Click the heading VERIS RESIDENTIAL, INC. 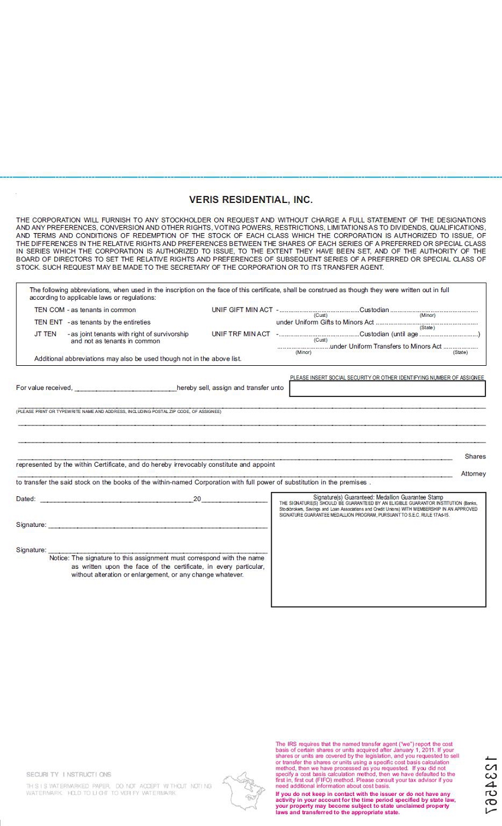coord(250,200)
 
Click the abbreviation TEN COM coord(49,310)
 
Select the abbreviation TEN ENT coord(48,322)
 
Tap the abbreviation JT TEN coord(45,334)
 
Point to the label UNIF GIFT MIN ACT coord(242,310)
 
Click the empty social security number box coord(387,388)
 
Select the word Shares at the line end coord(475,457)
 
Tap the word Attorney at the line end coord(473,474)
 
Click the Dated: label coord(26,499)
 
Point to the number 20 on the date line coord(197,499)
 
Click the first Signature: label coord(31,525)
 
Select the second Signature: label coord(31,550)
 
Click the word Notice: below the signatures coord(60,558)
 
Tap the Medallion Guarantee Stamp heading coord(378,497)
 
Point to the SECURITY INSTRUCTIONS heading coord(69,774)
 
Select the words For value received coord(44,388)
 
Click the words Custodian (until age coord(388,334)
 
